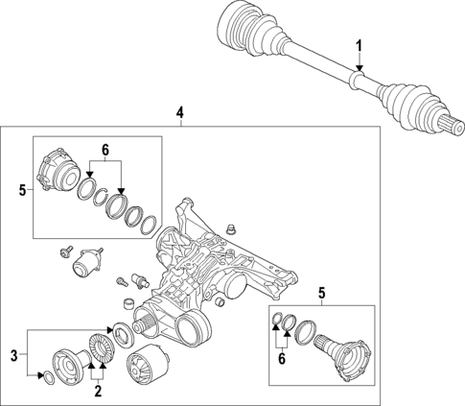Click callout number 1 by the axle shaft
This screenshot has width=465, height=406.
360,45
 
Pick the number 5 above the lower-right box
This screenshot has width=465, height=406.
322,292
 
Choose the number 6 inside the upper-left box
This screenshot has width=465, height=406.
105,152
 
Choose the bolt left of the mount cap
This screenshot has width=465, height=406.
62,252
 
